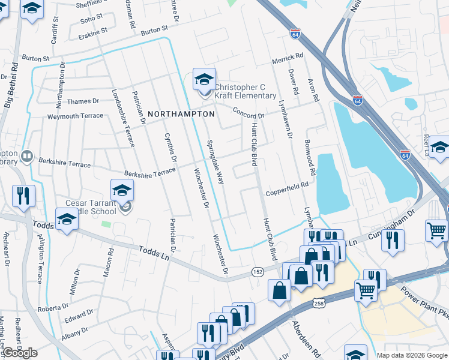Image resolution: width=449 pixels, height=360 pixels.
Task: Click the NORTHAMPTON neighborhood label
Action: (x=181, y=114)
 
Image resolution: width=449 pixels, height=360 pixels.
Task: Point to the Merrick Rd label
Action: (x=288, y=58)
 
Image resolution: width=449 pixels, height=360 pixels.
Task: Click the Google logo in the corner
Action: (x=20, y=353)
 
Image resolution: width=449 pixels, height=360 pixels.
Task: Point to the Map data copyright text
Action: (x=412, y=355)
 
